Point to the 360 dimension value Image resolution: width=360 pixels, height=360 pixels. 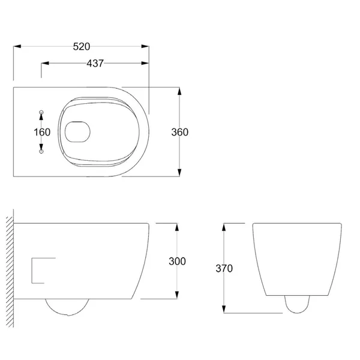point(180,132)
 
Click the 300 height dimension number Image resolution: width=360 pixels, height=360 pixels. point(178,262)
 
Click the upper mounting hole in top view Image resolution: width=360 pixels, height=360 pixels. point(41,112)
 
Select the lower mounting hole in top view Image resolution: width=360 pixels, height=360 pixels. point(41,152)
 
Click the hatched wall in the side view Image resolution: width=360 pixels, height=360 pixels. point(9,261)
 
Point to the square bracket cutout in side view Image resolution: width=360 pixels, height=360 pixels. point(41,269)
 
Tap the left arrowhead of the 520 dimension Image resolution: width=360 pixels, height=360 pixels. point(16,46)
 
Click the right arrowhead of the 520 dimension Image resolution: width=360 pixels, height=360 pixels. point(147,46)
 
